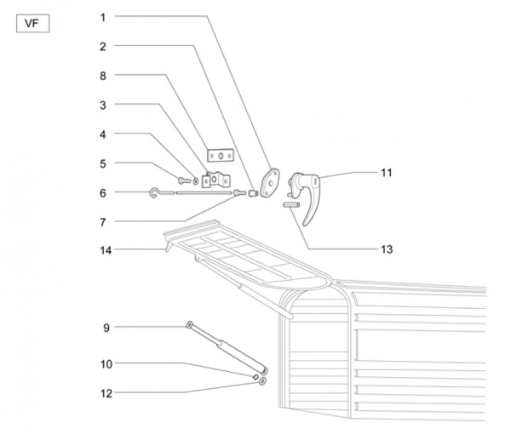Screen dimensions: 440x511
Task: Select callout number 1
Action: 102,17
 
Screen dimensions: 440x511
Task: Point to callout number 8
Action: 102,75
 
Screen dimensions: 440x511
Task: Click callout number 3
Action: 102,105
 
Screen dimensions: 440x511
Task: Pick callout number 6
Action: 102,193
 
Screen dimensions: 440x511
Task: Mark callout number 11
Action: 386,173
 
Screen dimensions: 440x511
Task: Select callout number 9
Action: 106,327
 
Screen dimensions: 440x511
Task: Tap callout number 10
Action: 106,363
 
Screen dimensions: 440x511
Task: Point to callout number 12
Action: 106,393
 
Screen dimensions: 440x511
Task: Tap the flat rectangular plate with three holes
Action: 221,156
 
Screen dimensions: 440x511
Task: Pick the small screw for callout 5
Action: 183,180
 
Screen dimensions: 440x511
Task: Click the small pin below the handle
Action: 290,204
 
